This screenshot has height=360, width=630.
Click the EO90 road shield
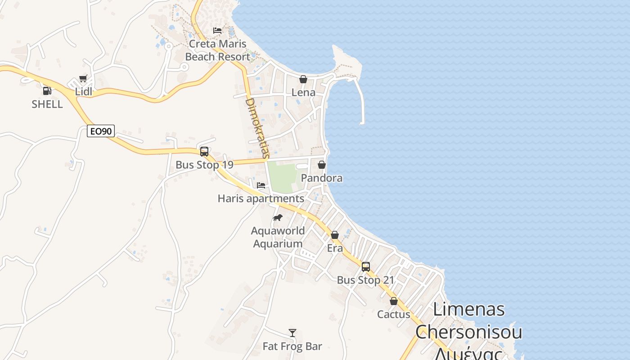[x=101, y=131]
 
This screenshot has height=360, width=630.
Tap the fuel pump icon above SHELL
[x=47, y=91]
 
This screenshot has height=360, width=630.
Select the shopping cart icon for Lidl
[x=83, y=79]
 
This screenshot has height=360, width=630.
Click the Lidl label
[x=84, y=92]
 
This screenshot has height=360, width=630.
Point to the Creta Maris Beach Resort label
[x=217, y=50]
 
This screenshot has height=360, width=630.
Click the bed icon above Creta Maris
[x=217, y=31]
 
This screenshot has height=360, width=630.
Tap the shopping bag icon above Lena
[x=303, y=79]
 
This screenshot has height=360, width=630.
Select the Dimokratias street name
[x=257, y=128]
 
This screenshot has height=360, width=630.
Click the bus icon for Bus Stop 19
[x=204, y=151]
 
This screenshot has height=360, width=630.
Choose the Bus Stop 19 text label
[x=204, y=165]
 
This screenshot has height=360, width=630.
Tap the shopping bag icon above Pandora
[x=322, y=165]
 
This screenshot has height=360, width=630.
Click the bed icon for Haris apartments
[x=261, y=185]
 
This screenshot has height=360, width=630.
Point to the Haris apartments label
[x=261, y=198]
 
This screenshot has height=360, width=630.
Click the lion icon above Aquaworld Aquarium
[x=278, y=218]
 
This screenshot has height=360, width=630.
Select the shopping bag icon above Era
[x=335, y=235]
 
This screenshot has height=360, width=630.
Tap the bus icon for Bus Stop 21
[x=366, y=266]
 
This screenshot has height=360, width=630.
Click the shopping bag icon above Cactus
[x=394, y=301]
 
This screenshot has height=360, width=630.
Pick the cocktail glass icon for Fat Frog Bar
[x=292, y=333]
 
